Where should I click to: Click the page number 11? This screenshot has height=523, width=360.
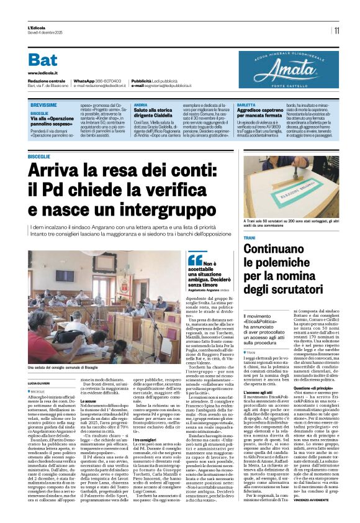[336, 30]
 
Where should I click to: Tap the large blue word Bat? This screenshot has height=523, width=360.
[43, 60]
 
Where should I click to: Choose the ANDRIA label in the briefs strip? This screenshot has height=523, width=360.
[141, 106]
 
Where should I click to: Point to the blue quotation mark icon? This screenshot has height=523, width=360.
[178, 259]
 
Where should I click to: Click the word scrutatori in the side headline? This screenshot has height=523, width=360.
[267, 288]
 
